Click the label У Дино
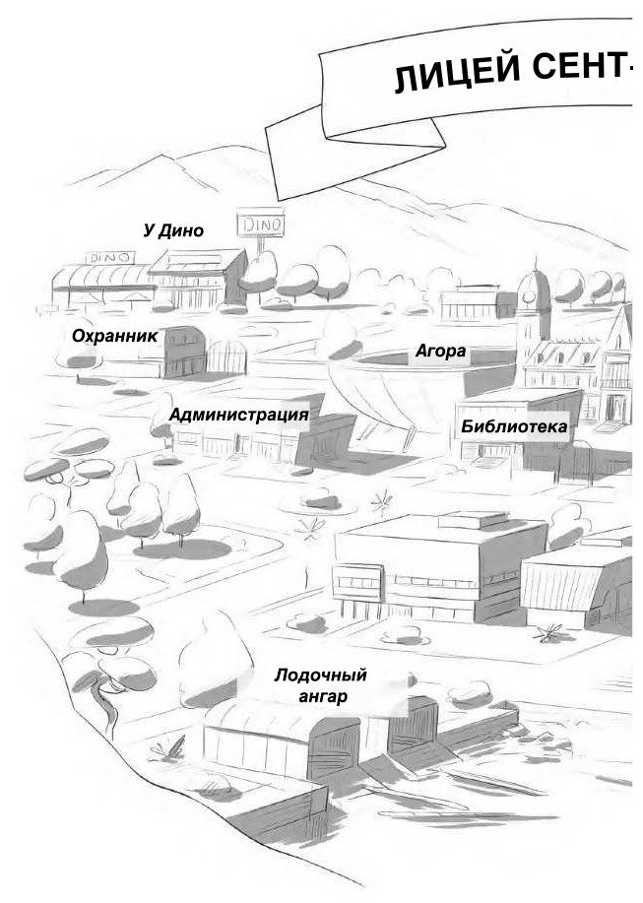[x=172, y=231]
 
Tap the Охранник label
[x=114, y=336]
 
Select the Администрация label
[x=238, y=415]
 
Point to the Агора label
[x=439, y=352]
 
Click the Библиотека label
[x=514, y=426]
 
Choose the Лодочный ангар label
[x=321, y=686]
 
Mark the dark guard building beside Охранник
[x=183, y=353]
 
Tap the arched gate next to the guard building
[x=225, y=357]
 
